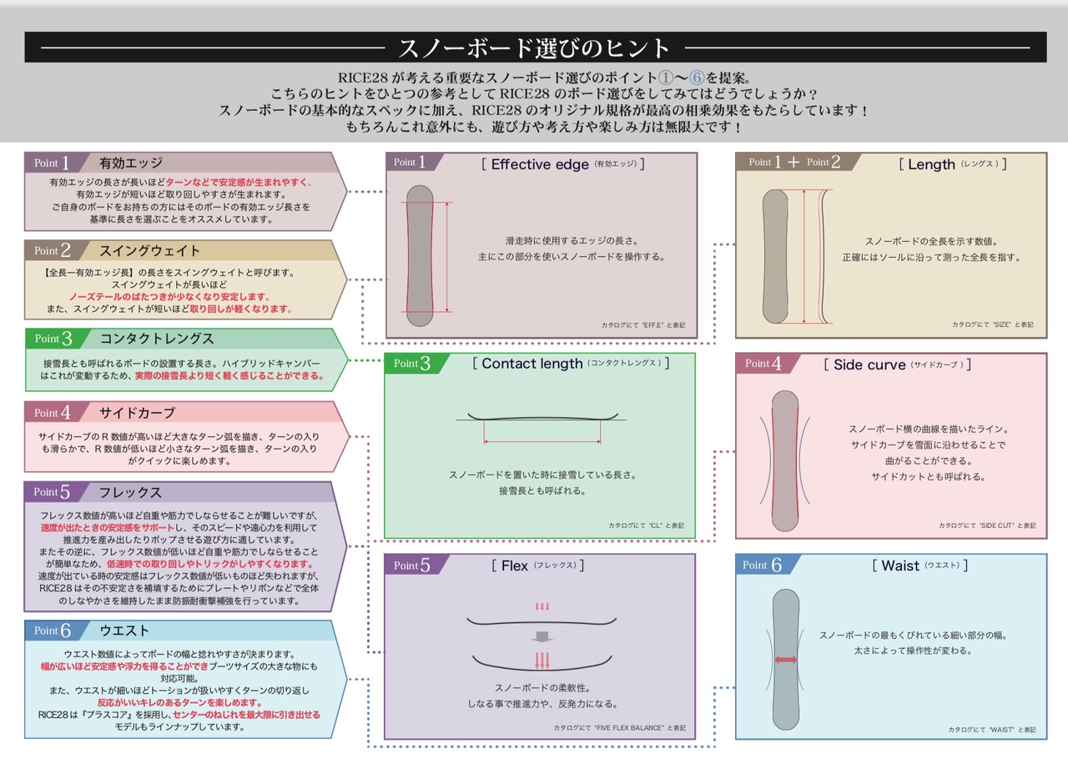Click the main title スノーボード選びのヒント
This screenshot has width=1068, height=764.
[x=534, y=47]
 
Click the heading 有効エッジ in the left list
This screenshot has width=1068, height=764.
[x=131, y=163]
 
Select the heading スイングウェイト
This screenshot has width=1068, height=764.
[x=150, y=250]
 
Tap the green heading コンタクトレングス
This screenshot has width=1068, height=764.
[x=157, y=339]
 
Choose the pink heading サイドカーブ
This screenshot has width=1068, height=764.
[x=138, y=413]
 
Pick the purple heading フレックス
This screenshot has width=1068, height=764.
[x=131, y=492]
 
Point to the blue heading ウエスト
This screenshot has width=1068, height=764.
[x=124, y=631]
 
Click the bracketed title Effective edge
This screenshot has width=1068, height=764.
[x=541, y=164]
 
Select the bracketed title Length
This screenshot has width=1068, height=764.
[x=932, y=164]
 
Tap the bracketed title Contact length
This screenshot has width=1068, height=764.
[x=532, y=364]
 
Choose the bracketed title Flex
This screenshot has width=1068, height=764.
[x=515, y=565]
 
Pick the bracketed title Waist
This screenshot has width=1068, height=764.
[x=900, y=565]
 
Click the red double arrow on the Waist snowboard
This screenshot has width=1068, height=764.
[x=785, y=660]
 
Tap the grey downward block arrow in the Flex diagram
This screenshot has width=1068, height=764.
[x=542, y=636]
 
